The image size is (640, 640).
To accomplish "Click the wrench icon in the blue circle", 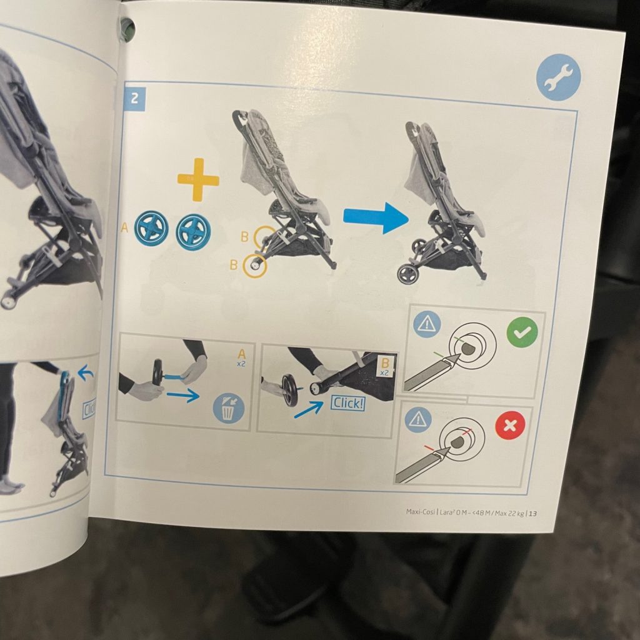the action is pos(558,77).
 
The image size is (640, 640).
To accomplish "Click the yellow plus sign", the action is pos(198,179).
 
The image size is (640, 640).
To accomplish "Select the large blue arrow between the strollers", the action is pos(376,217).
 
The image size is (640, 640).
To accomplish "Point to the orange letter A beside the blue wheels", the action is pos(124,228).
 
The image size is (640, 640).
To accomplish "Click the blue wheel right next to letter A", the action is pos(151,229).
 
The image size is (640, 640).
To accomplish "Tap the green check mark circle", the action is pos(522,332).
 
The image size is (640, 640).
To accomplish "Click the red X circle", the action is pos(510,425).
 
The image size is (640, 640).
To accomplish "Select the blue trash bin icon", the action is pos(229,409).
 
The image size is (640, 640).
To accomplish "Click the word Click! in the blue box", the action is pos(347,404).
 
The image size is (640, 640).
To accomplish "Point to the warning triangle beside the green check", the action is pos(427,324).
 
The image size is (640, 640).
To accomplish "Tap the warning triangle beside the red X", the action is pos(418,419).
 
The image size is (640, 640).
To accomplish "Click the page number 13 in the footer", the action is pos(532,514).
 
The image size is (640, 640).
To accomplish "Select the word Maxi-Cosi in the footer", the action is pos(421,512).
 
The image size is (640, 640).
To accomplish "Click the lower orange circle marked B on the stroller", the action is pos(255,266).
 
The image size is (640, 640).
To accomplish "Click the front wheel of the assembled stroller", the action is pos(408,274).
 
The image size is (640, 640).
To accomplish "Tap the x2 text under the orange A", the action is pos(241,364).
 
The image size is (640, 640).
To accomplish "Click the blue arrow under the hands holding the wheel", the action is pos(183,395).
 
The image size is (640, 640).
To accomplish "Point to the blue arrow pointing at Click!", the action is pos(308,410).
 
